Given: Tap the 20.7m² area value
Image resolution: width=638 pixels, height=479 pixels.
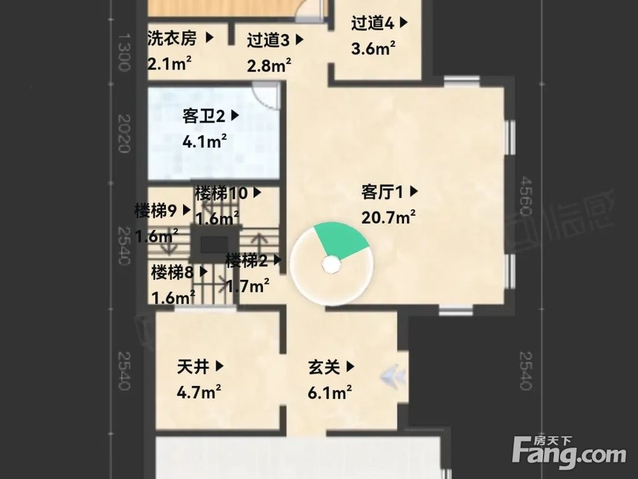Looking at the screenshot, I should tap(389, 217).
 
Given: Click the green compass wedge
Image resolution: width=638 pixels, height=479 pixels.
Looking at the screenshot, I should tap(343, 240).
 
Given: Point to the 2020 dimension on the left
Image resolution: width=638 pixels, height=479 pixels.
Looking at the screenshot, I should tap(124, 134).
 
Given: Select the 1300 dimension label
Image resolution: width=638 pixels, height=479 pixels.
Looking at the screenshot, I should tap(124, 52).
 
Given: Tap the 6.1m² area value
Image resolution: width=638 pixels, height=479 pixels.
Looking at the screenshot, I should tap(330, 392).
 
